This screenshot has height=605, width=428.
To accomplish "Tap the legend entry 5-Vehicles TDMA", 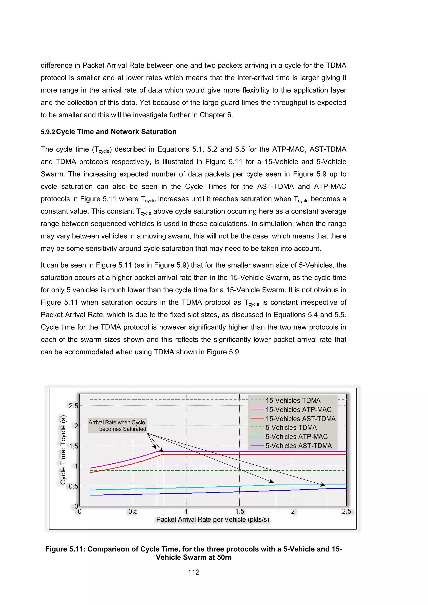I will tap(291, 428).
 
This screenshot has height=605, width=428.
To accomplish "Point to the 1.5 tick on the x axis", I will tap(239, 511).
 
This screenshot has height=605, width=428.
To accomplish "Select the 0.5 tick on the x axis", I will tap(133, 511).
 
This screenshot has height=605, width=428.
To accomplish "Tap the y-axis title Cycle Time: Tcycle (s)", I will tap(63, 450).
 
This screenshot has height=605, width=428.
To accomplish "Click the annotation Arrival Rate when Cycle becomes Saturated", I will tap(117, 426).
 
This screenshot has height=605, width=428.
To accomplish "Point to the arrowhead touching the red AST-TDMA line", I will tap(162, 451).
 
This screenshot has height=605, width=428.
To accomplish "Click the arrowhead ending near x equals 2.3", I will tap(323, 485).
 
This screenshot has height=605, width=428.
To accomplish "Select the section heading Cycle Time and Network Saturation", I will tap(116, 132).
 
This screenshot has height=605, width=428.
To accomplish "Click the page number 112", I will tap(194, 572).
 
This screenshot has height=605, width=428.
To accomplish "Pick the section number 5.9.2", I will tap(47, 132).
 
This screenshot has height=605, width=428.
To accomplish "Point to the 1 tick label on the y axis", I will tap(76, 466).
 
